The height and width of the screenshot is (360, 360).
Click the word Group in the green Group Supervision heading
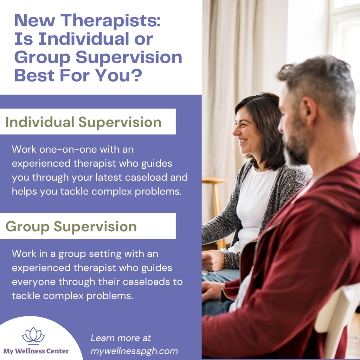coord(27,226)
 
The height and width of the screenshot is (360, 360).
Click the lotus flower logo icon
coord(33,335)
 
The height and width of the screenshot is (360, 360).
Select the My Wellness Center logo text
coord(36,351)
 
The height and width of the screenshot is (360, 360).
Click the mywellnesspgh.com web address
coord(134,351)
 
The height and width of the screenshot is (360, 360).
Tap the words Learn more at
coord(121,338)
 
